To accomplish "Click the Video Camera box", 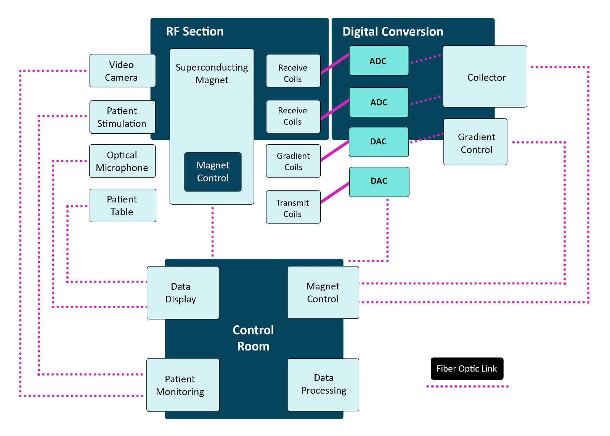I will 122,71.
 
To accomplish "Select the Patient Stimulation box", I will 122,117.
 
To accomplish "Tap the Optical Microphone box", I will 122,161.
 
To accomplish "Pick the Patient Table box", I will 123,205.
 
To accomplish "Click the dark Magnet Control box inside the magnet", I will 213,172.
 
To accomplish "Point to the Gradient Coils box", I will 293,161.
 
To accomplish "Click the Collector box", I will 485,77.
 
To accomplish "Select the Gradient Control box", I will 475,142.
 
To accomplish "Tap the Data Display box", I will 183,293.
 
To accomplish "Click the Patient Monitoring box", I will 183,385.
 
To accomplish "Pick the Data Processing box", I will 323,384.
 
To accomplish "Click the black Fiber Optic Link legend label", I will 467,369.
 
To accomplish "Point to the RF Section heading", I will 195,31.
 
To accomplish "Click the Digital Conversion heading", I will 393,31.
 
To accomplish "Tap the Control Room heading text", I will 253,338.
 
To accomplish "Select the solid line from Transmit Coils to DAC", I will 335,193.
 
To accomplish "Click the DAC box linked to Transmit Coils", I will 379,182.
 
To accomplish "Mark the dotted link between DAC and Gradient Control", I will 427,138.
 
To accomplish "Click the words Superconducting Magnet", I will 212,74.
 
